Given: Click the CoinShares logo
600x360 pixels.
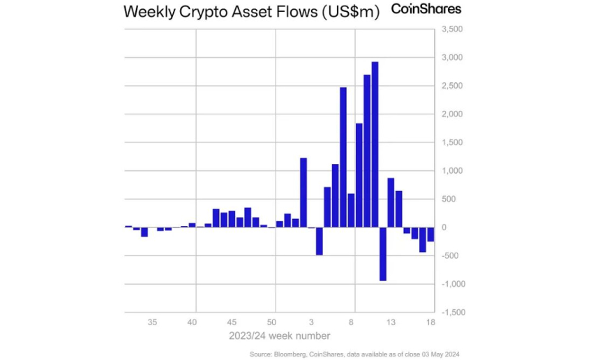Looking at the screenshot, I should click(426, 10).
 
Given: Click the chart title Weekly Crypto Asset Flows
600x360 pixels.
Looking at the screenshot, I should click(251, 12).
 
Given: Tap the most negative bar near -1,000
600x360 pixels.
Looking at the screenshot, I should click(383, 254).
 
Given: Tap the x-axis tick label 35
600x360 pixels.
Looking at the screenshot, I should click(152, 322).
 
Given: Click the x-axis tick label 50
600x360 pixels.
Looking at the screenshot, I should click(276, 322).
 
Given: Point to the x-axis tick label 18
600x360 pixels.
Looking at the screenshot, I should click(431, 322).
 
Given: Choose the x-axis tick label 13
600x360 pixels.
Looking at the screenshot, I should click(391, 322).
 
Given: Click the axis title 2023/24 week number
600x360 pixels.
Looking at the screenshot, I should click(275, 336).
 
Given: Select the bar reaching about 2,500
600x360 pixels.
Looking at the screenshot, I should click(343, 157).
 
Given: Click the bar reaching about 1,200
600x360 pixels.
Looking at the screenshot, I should click(303, 193).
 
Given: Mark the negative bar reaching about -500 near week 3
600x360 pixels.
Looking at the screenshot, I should click(320, 241).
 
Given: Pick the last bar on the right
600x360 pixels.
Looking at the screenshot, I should click(430, 234).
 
